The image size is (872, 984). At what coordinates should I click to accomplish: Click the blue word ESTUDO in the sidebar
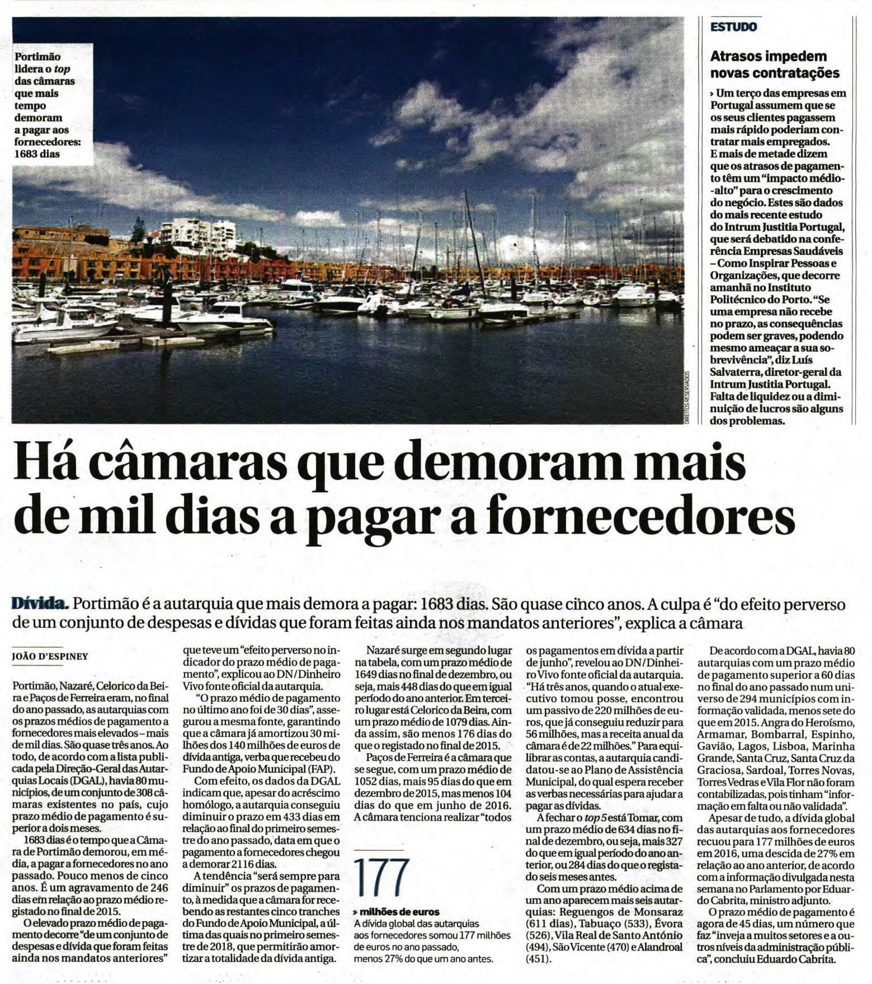point(733,27)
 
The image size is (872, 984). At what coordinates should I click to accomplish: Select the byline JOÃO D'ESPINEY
point(50,656)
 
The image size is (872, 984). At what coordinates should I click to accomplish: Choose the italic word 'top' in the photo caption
point(63,69)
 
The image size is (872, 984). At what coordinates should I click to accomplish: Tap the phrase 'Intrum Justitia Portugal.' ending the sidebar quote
point(770,385)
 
